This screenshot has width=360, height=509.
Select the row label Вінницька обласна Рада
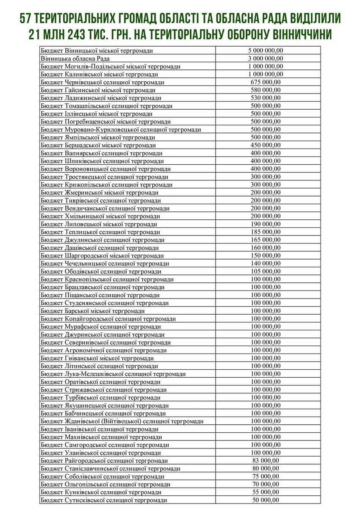(76, 58)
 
